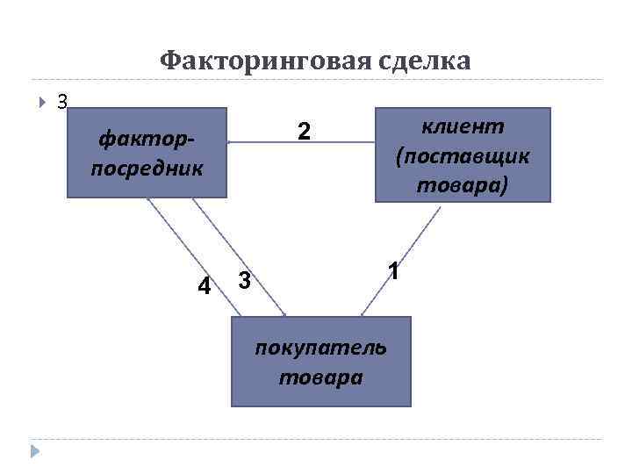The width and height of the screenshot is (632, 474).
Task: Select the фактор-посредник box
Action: tap(147, 153)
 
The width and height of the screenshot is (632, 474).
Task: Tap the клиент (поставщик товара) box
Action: tap(463, 154)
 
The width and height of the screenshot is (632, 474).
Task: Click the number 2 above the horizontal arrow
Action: tap(304, 132)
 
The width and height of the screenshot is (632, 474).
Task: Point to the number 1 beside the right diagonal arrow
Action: tap(396, 272)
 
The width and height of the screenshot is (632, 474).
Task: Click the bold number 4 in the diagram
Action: tap(204, 286)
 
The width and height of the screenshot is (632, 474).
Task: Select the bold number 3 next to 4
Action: tap(245, 282)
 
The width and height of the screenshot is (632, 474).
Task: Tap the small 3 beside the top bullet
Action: tap(61, 101)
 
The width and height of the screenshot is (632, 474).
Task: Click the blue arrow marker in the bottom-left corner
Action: tap(35, 451)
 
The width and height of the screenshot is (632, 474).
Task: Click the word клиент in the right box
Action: tap(463, 126)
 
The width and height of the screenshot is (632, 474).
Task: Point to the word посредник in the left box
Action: tap(147, 167)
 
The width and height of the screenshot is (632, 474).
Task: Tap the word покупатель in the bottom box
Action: tap(320, 347)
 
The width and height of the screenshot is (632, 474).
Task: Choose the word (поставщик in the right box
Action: tap(463, 155)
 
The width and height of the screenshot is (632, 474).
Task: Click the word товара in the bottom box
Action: tap(320, 377)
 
